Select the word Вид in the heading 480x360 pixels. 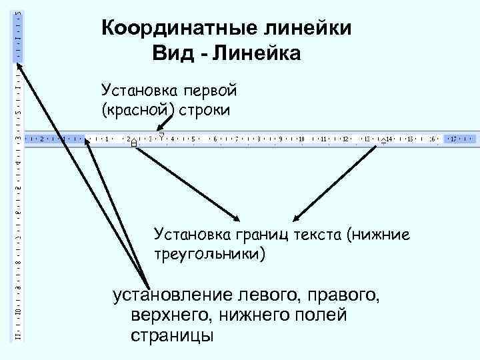click(170, 53)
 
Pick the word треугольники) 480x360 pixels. click(209, 254)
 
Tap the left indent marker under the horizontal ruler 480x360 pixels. click(134, 143)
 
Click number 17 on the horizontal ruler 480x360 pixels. click(453, 139)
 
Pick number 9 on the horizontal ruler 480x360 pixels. click(281, 139)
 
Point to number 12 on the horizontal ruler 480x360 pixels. click(345, 139)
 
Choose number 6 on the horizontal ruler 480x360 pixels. click(215, 139)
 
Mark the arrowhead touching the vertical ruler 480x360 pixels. click(19, 65)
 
